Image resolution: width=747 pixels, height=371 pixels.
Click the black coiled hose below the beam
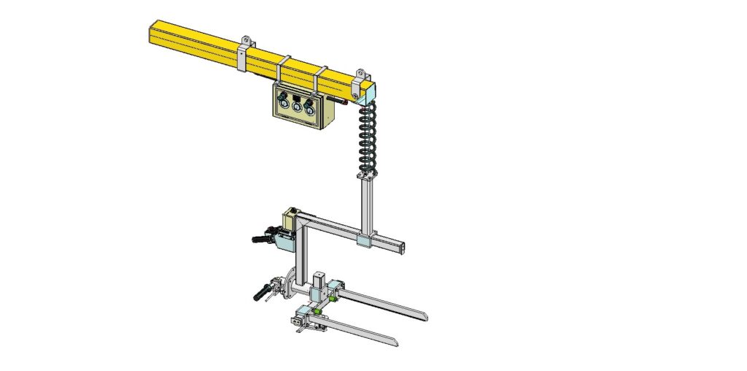tap(366, 139)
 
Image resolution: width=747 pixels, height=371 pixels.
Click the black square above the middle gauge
tap(297, 96)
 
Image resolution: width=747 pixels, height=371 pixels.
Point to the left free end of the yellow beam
tap(151, 33)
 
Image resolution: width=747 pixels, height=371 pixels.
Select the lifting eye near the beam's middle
tap(247, 41)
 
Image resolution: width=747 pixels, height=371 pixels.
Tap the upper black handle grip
tap(260, 239)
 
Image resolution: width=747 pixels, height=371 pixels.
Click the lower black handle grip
tap(259, 294)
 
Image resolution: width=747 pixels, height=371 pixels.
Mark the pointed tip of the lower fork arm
tap(395, 342)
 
